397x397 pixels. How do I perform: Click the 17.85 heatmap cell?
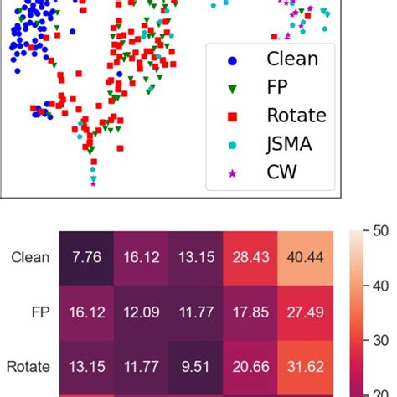pos(250,312)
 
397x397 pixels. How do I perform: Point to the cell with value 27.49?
pos(307,312)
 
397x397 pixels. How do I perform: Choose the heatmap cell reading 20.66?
pos(250,366)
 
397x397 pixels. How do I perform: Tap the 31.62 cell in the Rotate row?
pos(307,366)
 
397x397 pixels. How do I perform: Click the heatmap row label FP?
pos(39,312)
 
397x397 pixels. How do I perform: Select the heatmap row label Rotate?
pos(28,366)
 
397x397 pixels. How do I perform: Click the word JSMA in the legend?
pos(289,144)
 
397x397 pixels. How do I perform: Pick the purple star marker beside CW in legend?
pos(233,173)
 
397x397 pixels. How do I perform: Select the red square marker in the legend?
pos(233,116)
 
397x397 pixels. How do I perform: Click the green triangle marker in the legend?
pos(233,88)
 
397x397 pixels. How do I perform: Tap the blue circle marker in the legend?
pos(233,59)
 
